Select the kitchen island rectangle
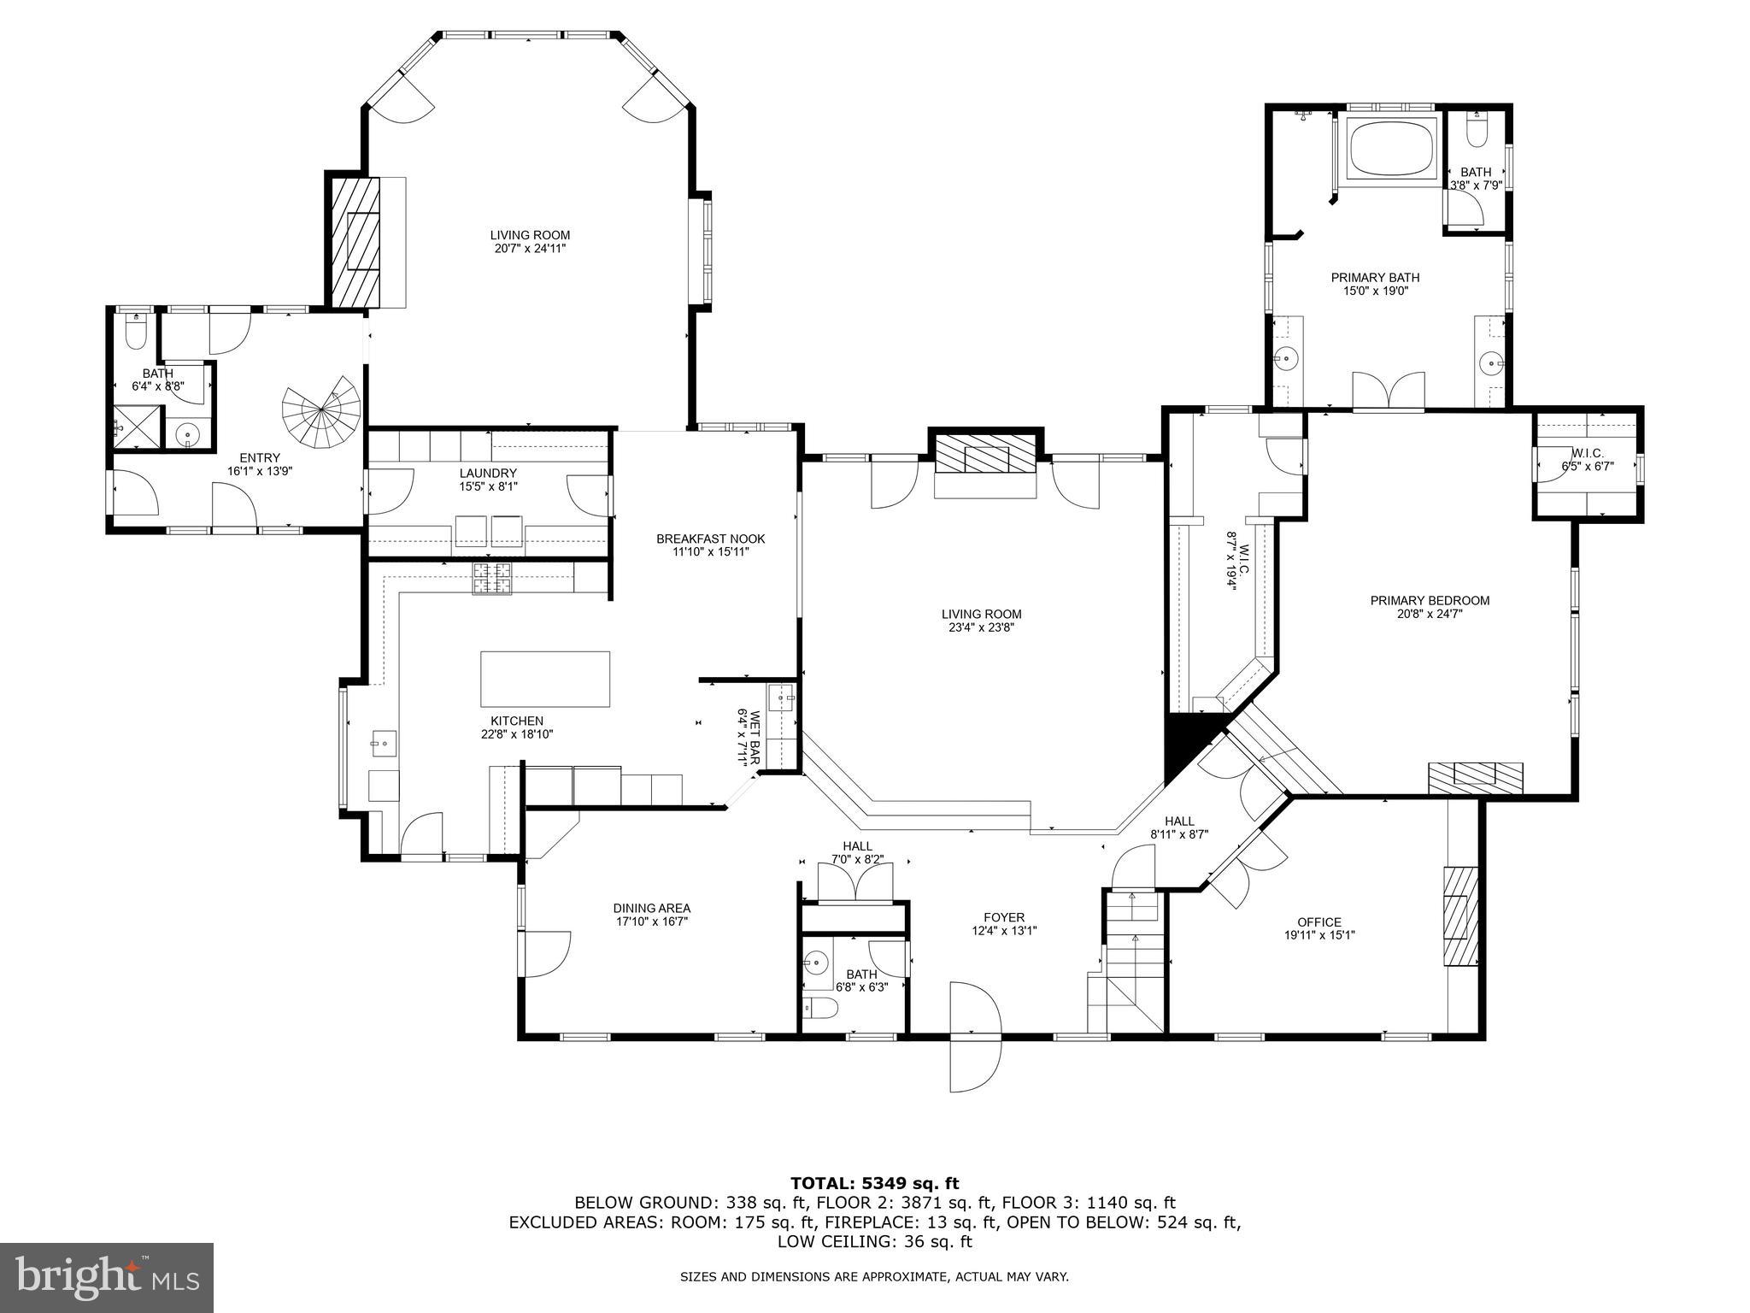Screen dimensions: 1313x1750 click(545, 679)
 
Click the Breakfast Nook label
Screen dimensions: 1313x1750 click(710, 539)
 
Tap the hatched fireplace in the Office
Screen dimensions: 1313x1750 click(1460, 916)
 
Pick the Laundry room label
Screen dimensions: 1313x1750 click(488, 473)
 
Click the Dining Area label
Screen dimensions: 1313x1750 click(651, 908)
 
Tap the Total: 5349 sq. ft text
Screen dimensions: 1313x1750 click(874, 1183)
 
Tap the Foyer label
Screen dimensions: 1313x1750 click(1004, 917)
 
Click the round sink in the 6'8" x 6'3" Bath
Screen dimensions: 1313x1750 click(817, 963)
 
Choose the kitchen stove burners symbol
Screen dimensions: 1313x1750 click(493, 578)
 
